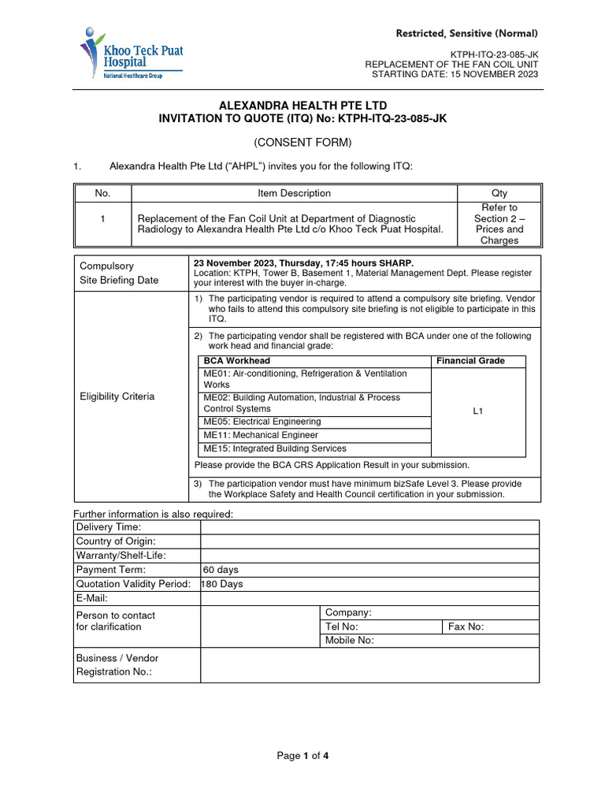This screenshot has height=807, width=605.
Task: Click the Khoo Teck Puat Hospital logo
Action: [130, 54]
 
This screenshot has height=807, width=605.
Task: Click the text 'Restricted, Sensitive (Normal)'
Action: [467, 33]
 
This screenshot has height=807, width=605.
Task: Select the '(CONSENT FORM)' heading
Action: [302, 142]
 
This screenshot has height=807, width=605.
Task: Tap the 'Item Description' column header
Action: [294, 193]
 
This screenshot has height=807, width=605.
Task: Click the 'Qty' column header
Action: [499, 193]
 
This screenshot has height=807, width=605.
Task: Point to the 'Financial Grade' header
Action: [470, 361]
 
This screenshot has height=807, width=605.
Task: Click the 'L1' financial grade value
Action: [478, 411]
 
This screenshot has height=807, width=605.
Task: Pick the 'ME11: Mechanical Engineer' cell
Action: [261, 435]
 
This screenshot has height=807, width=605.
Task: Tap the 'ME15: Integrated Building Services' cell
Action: [274, 448]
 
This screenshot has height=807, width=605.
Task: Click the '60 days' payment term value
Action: [221, 570]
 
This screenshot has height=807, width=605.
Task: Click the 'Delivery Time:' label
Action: [108, 526]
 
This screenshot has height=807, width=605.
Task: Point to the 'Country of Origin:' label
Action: [116, 541]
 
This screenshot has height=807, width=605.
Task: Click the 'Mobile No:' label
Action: [349, 641]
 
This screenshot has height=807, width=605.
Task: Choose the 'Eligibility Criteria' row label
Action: [117, 396]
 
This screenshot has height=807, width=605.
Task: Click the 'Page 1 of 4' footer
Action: [302, 757]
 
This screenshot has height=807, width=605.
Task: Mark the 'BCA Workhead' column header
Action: [236, 361]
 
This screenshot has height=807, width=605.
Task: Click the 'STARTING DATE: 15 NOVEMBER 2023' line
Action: [455, 75]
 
